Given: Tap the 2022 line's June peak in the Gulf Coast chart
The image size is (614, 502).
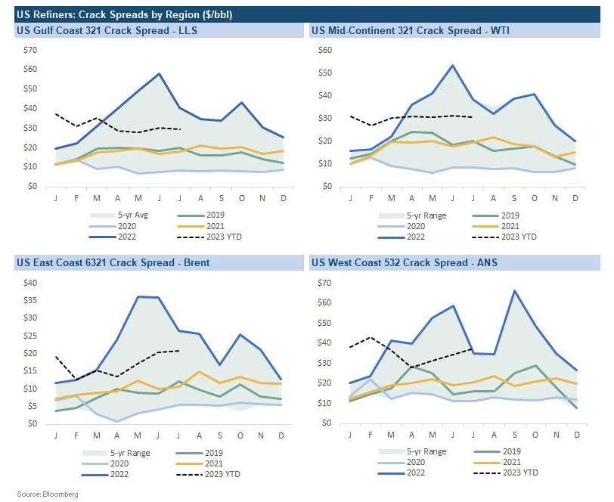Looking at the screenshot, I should point(160,73).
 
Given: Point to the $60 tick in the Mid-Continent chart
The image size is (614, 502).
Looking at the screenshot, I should point(325,50).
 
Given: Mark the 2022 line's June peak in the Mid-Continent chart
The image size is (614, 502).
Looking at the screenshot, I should point(452,65).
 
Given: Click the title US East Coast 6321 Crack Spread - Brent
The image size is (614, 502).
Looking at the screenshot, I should point(113,262).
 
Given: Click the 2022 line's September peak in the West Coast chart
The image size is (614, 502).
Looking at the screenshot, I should point(514,290).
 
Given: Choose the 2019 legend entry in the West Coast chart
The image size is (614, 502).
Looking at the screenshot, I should point(512,451).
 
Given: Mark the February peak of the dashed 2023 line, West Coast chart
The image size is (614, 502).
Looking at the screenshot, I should point(370,337).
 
